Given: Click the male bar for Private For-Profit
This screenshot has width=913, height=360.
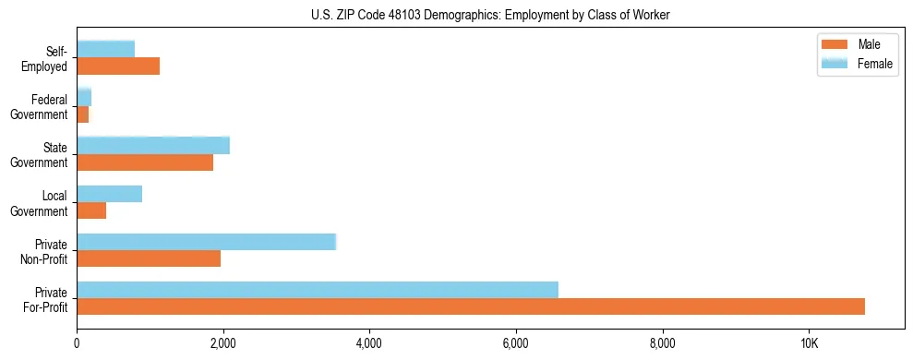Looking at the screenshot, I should point(471,306).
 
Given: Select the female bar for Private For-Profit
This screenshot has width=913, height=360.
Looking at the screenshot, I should point(318,290).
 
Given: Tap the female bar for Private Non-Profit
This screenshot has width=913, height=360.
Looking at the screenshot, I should point(206,242).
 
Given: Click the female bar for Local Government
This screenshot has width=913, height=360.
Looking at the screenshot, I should point(109,194).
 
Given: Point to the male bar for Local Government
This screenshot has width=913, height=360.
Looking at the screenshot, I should point(91,210).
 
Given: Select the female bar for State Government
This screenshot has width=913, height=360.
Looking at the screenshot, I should point(153,145).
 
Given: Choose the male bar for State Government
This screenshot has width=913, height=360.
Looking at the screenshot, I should point(145,162).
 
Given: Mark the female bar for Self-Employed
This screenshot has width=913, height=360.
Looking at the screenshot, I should point(105,49).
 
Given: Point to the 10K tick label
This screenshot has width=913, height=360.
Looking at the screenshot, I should point(809,343).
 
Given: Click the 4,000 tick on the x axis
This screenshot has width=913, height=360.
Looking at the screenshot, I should point(369,343).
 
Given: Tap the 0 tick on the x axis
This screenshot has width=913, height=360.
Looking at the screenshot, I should point(77,343).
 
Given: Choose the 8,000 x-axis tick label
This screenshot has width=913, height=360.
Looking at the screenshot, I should point(662,343).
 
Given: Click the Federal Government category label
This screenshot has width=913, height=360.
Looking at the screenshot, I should point(49,107).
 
